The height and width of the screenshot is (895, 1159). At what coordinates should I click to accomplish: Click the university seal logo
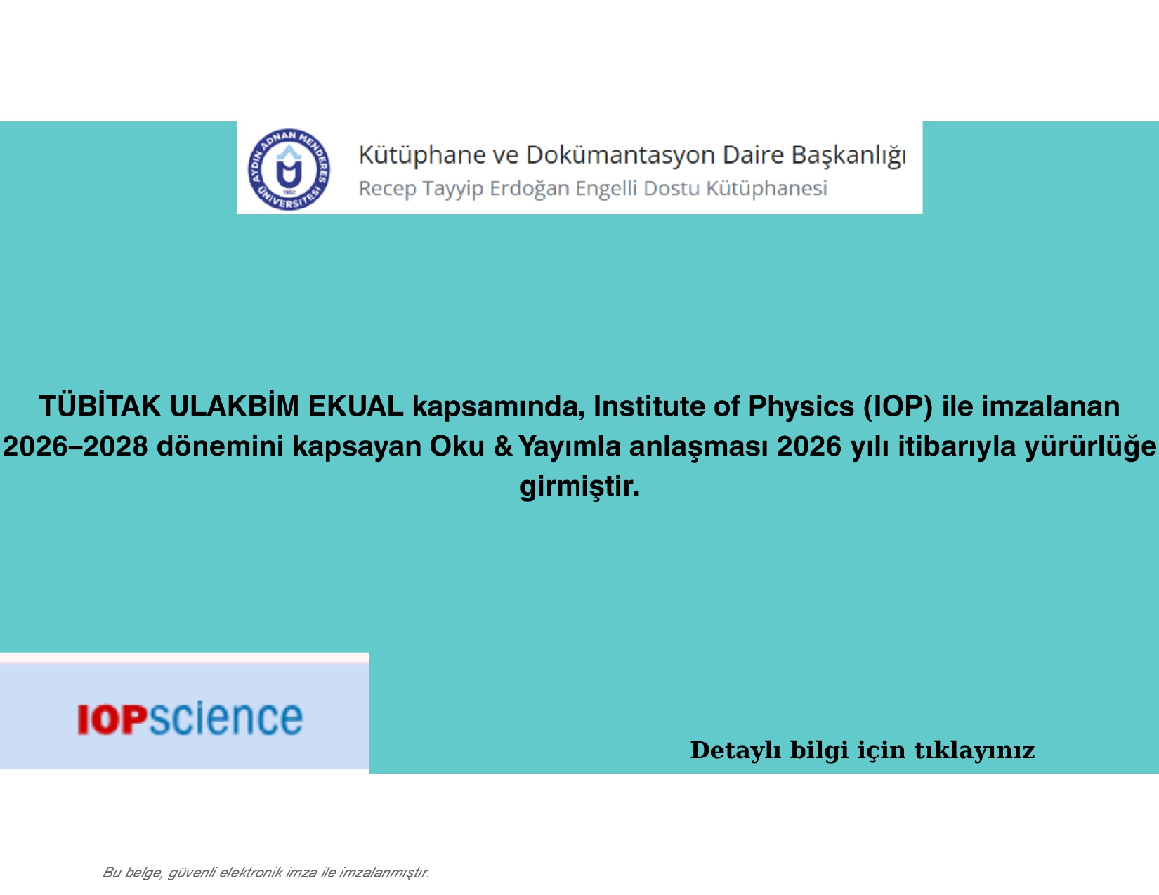289,169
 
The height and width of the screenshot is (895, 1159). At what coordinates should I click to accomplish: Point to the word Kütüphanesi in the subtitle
767,188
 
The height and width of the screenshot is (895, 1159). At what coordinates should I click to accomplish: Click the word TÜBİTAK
100,406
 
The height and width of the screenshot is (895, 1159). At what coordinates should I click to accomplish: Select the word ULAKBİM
234,406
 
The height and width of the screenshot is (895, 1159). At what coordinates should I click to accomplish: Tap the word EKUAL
355,406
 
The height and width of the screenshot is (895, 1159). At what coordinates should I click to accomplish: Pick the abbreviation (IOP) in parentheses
898,406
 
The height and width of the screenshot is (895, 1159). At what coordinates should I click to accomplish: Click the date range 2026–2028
75,446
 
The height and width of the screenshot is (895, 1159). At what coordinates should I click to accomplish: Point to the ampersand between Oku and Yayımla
502,446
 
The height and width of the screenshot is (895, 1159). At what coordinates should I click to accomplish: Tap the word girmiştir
579,486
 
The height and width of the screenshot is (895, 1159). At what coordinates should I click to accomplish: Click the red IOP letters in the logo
112,720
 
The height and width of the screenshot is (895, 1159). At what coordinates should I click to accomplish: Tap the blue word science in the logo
225,718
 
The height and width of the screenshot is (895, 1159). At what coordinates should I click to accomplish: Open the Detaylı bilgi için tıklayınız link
863,750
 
